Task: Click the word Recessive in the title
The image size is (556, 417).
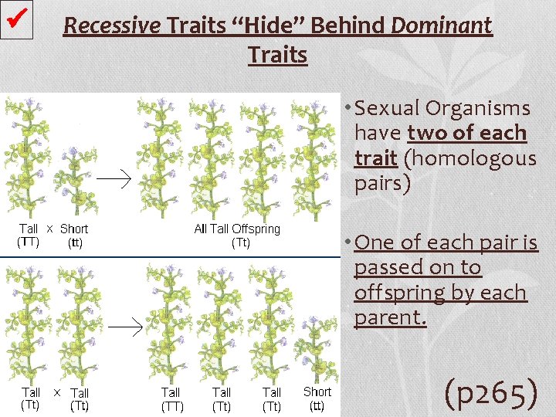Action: [112, 26]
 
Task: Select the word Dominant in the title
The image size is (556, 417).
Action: [442, 26]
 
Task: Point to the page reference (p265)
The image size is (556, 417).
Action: [491, 393]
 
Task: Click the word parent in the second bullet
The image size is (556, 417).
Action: [389, 318]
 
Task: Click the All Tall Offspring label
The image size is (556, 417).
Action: [237, 229]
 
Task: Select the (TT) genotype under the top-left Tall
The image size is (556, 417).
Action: [29, 242]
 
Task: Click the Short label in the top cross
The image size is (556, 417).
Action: [74, 229]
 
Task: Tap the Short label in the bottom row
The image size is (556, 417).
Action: [317, 392]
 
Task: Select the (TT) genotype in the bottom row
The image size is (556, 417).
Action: [171, 405]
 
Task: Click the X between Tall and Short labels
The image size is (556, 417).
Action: [49, 229]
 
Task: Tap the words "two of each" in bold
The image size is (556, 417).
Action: [466, 134]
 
